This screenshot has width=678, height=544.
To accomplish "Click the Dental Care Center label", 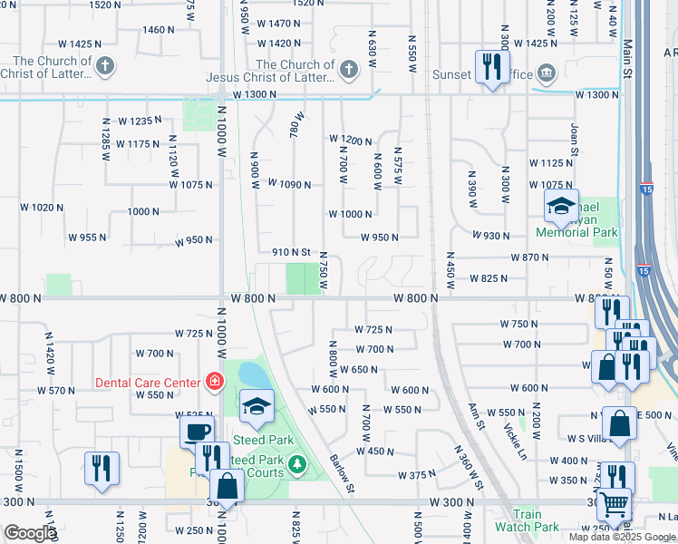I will pyautogui.click(x=147, y=383).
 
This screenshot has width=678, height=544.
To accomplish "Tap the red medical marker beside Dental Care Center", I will pyautogui.click(x=215, y=382).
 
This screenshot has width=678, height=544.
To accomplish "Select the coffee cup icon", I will pyautogui.click(x=197, y=432).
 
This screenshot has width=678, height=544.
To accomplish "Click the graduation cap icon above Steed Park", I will pyautogui.click(x=257, y=406).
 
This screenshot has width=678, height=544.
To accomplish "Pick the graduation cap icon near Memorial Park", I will pyautogui.click(x=561, y=208).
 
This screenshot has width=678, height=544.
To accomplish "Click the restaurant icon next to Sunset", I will pyautogui.click(x=491, y=66).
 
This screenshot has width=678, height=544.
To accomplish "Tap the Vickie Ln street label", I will pyautogui.click(x=513, y=439).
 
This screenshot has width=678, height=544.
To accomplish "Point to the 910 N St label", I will pyautogui.click(x=292, y=252).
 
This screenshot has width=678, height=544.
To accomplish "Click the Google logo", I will pyautogui.click(x=30, y=533).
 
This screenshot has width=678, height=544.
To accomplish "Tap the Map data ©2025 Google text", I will pyautogui.click(x=624, y=537).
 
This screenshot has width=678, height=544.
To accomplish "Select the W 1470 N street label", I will pyautogui.click(x=278, y=24).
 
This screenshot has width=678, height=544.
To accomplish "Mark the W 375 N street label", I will pyautogui.click(x=417, y=475).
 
